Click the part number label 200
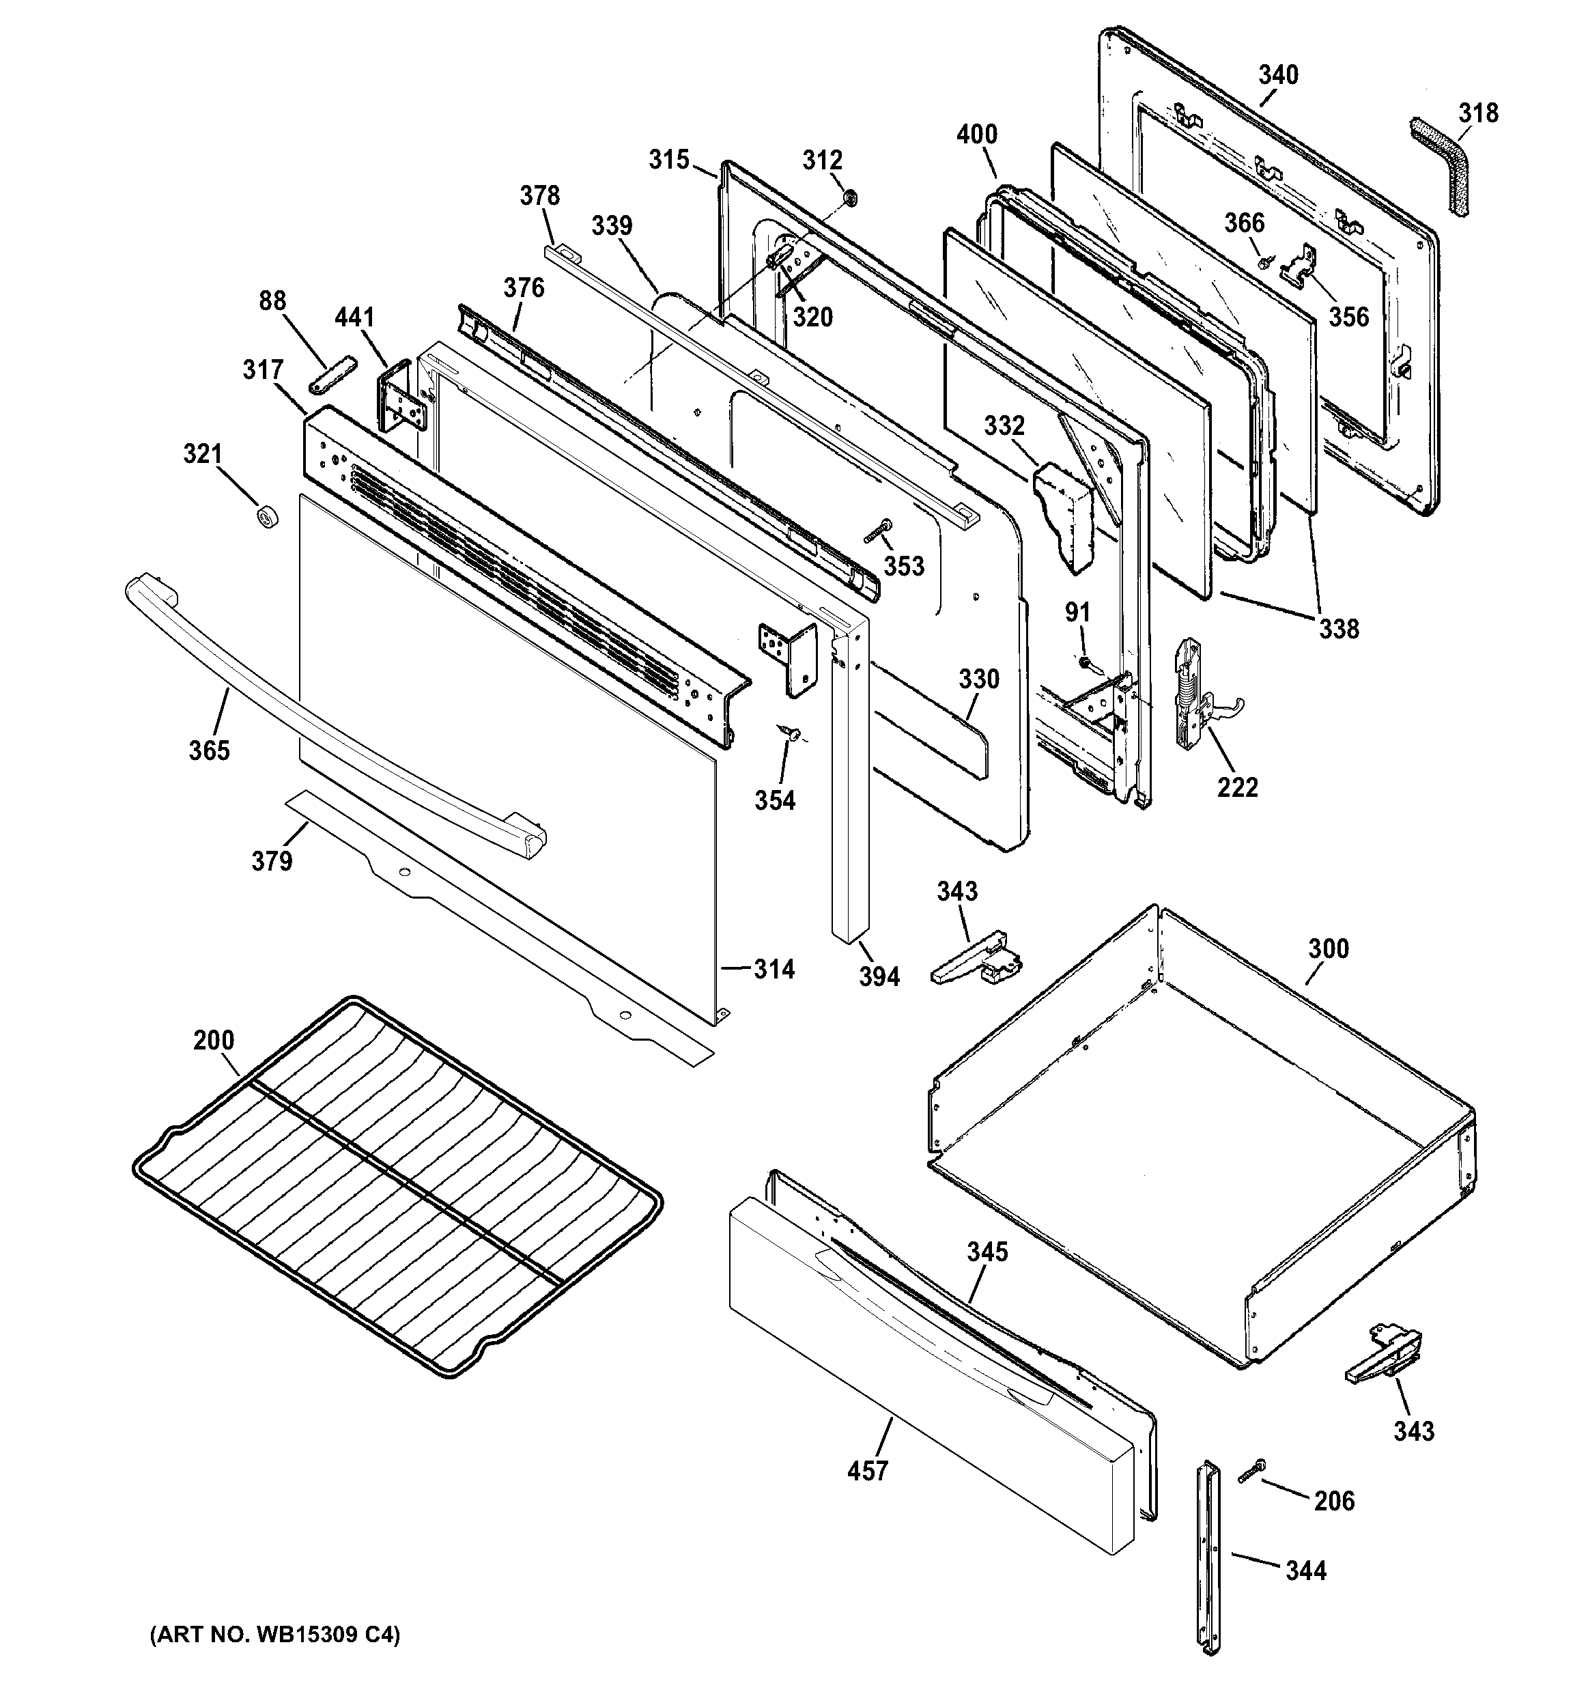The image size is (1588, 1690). click(214, 1040)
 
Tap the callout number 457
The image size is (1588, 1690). click(867, 1470)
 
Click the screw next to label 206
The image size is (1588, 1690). click(1251, 1471)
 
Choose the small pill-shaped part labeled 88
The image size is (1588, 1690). click(330, 375)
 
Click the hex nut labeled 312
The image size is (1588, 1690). click(849, 198)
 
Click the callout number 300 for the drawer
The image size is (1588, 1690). click(1328, 948)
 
